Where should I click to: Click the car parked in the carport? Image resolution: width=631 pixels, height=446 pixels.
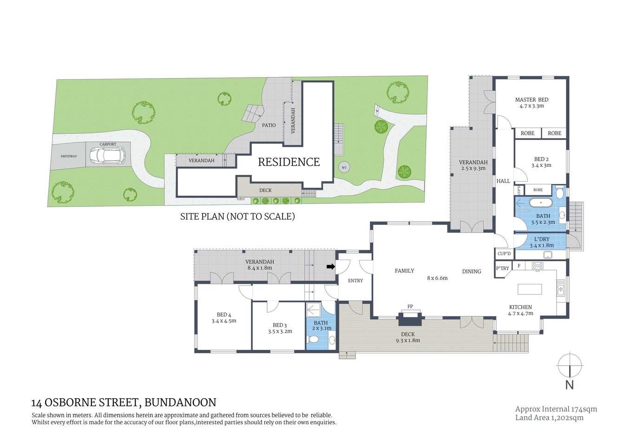click(x=107, y=155)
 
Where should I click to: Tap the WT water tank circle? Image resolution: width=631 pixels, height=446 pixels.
click(x=344, y=167)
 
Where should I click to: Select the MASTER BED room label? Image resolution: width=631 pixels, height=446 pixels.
click(x=532, y=99)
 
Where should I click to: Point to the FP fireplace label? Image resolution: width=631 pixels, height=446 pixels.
click(x=410, y=307)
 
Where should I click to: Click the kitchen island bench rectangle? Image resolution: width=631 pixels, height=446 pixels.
click(x=530, y=289)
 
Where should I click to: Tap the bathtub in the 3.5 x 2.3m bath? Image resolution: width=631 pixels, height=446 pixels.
click(x=540, y=203)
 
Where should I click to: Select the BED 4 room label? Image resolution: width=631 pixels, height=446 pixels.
click(x=223, y=315)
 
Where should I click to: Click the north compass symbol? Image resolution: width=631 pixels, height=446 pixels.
click(x=569, y=366)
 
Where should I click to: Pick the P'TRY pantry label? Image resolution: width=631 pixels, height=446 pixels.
click(x=502, y=268)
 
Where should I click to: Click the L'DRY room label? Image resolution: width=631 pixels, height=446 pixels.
click(x=542, y=239)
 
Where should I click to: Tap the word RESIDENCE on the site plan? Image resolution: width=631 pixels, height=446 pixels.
click(x=289, y=162)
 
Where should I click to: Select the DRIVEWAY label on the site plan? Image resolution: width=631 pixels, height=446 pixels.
click(x=69, y=156)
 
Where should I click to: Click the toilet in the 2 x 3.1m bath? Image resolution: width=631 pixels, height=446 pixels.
click(x=314, y=340)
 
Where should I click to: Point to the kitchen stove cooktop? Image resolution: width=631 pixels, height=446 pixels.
click(x=538, y=266)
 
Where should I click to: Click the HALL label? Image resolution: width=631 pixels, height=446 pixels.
click(x=503, y=181)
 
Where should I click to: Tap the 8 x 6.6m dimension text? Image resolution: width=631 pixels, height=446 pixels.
click(x=437, y=278)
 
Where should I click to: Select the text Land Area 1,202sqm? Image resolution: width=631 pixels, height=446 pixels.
click(x=549, y=418)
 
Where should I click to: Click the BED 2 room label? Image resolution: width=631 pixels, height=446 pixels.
click(x=541, y=159)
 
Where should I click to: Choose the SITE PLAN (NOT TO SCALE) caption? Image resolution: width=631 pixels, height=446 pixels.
click(x=237, y=216)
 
